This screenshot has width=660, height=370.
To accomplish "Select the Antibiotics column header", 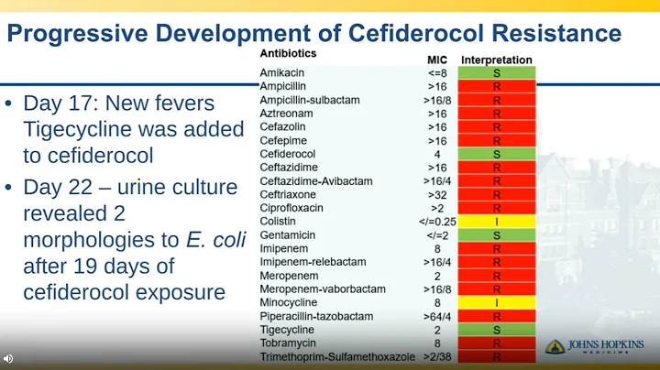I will (x=289, y=53).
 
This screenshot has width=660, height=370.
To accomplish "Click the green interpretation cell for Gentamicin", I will (x=496, y=235).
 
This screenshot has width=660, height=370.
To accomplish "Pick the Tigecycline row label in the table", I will (x=288, y=330).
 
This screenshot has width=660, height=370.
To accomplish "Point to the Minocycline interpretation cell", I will (x=496, y=302).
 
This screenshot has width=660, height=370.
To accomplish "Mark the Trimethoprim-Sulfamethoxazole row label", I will (x=331, y=356).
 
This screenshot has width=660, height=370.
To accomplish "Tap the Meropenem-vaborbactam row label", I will (x=321, y=288).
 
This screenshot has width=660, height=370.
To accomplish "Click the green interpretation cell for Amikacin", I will (x=496, y=72).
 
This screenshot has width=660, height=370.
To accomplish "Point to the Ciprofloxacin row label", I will (x=292, y=208).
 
